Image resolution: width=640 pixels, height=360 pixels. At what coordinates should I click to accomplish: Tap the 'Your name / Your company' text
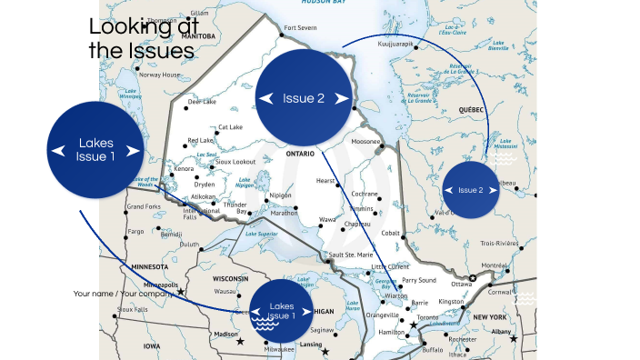[124, 294]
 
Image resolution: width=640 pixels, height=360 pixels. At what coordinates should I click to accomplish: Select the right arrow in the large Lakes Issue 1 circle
[134, 151]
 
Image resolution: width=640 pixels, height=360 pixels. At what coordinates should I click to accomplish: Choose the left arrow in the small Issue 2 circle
[449, 190]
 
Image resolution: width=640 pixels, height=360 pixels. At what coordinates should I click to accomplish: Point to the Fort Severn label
[301, 28]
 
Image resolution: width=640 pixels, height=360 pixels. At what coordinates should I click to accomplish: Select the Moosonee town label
[365, 142]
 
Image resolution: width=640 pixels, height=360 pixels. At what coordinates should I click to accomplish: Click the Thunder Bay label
[235, 207]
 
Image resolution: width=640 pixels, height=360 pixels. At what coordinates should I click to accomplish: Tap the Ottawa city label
[462, 284]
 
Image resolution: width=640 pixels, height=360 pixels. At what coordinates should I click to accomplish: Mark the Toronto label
[427, 317]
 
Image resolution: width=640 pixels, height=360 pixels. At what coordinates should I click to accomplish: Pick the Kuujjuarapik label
[395, 43]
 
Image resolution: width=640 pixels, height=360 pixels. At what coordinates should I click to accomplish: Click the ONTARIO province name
[300, 154]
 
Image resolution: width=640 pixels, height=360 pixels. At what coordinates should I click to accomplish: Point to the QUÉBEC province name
[472, 109]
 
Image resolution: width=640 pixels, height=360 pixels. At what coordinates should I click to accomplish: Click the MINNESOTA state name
[148, 267]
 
